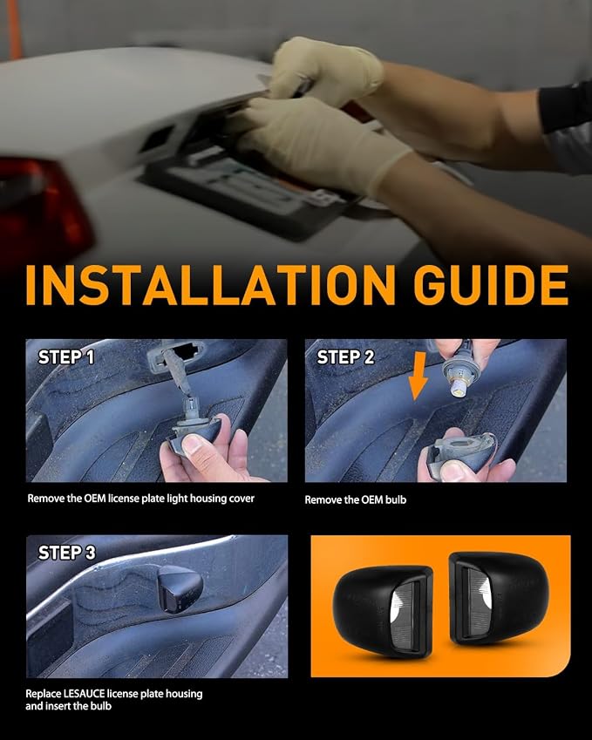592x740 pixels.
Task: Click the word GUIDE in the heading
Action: pyautogui.click(x=491, y=285)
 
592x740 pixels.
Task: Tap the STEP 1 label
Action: pyautogui.click(x=66, y=357)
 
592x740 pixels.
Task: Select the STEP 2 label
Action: pyautogui.click(x=345, y=357)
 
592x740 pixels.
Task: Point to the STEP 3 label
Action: pyautogui.click(x=66, y=553)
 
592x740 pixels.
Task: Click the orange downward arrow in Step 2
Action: pyautogui.click(x=418, y=376)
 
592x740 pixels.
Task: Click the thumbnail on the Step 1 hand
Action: pyautogui.click(x=192, y=445)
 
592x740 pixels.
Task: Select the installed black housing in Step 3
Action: pyautogui.click(x=180, y=589)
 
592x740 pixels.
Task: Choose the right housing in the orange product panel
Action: pyautogui.click(x=499, y=598)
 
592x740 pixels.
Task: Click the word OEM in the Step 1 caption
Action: pyautogui.click(x=95, y=499)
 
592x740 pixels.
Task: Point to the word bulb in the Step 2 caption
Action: pyautogui.click(x=396, y=499)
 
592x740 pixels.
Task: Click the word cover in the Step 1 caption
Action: pyautogui.click(x=242, y=499)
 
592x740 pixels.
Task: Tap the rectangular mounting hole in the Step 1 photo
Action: pyautogui.click(x=184, y=351)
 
